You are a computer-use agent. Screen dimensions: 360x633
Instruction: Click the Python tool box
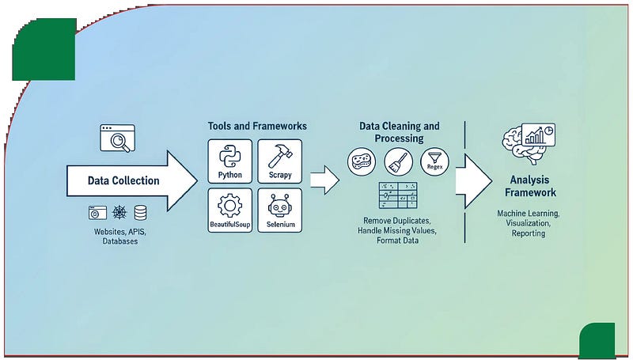(x=229, y=161)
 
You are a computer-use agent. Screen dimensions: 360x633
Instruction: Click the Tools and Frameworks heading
(x=257, y=127)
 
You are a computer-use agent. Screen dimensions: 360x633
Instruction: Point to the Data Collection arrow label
(x=123, y=180)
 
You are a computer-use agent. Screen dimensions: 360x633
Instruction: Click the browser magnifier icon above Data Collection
(x=117, y=138)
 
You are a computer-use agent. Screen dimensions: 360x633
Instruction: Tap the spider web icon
(x=118, y=213)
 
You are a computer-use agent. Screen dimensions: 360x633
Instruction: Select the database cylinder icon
(x=141, y=213)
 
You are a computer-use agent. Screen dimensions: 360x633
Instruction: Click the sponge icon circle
(x=362, y=162)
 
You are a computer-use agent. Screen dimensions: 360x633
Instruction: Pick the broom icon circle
(x=398, y=162)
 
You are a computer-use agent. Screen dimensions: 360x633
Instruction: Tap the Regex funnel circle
(x=434, y=161)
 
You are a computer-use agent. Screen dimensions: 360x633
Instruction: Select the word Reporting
(x=528, y=233)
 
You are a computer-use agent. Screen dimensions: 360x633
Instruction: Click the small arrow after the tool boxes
(x=324, y=180)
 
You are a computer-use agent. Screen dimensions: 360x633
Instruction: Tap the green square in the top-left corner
(x=44, y=49)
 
